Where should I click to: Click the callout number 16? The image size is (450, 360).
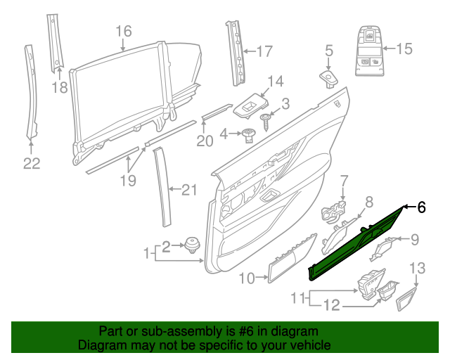tap(123, 31)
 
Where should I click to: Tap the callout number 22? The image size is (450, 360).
tap(31, 164)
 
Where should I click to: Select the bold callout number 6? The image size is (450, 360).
tap(422, 207)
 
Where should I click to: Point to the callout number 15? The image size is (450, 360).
tap(405, 49)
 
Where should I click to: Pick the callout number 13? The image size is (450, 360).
tap(418, 268)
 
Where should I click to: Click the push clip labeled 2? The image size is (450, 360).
tap(191, 247)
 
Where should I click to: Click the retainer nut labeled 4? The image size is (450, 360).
tap(248, 136)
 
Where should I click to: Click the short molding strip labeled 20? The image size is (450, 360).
tap(215, 112)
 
